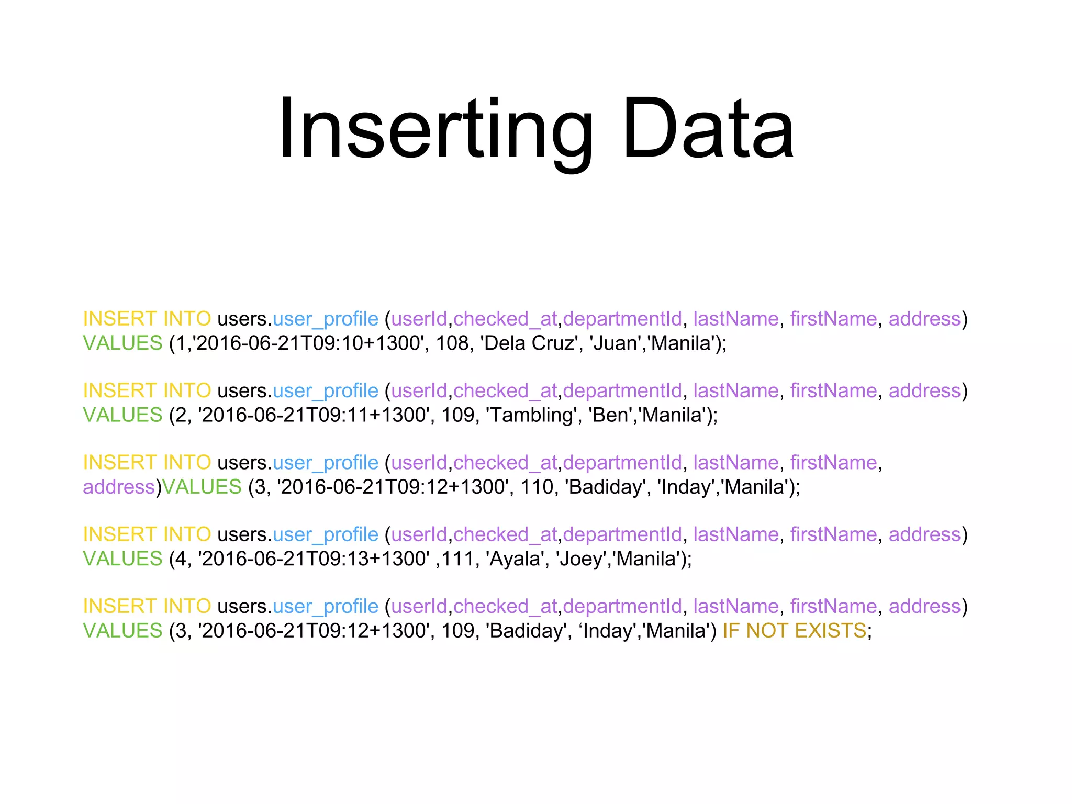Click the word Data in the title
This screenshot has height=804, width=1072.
pyautogui.click(x=708, y=129)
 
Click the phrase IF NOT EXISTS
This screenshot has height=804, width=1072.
pyautogui.click(x=794, y=631)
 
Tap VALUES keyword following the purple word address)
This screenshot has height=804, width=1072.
pyautogui.click(x=202, y=487)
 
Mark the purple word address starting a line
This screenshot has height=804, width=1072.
pyautogui.click(x=119, y=487)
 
